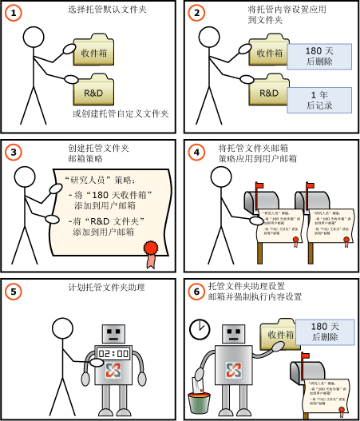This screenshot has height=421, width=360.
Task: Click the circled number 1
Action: pyautogui.click(x=14, y=14)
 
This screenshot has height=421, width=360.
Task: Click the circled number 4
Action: pyautogui.click(x=196, y=152)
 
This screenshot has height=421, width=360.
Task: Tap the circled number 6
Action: pyautogui.click(x=196, y=291)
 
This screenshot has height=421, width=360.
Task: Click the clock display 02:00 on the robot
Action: pyautogui.click(x=114, y=353)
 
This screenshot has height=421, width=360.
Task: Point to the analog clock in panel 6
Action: pyautogui.click(x=199, y=329)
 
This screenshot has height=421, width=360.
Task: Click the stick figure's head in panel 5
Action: pyautogui.click(x=63, y=328)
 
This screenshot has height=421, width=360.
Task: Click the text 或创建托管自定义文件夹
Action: pyautogui.click(x=121, y=114)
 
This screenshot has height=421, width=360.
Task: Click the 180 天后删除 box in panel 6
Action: pyautogui.click(x=324, y=332)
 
